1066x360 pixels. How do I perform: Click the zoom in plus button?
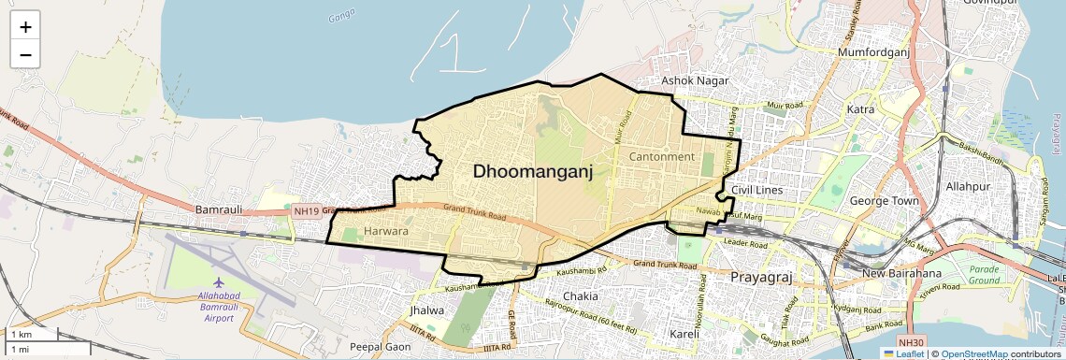pyautogui.click(x=25, y=27)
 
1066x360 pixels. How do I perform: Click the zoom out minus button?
pyautogui.click(x=25, y=54)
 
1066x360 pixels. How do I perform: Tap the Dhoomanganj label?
pyautogui.click(x=533, y=171)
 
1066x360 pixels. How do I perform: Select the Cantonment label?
pyautogui.click(x=662, y=156)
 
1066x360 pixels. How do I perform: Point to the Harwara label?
pyautogui.click(x=386, y=230)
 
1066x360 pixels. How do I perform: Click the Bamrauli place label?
pyautogui.click(x=219, y=209)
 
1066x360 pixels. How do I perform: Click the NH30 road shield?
pyautogui.click(x=909, y=343)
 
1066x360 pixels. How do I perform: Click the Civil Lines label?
pyautogui.click(x=756, y=191)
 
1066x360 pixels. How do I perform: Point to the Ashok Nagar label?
pyautogui.click(x=695, y=81)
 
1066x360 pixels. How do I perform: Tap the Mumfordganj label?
pyautogui.click(x=874, y=54)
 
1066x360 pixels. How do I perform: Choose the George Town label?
pyautogui.click(x=883, y=200)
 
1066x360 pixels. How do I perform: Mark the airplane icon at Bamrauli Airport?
pyautogui.click(x=219, y=282)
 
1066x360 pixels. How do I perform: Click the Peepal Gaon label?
pyautogui.click(x=378, y=347)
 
